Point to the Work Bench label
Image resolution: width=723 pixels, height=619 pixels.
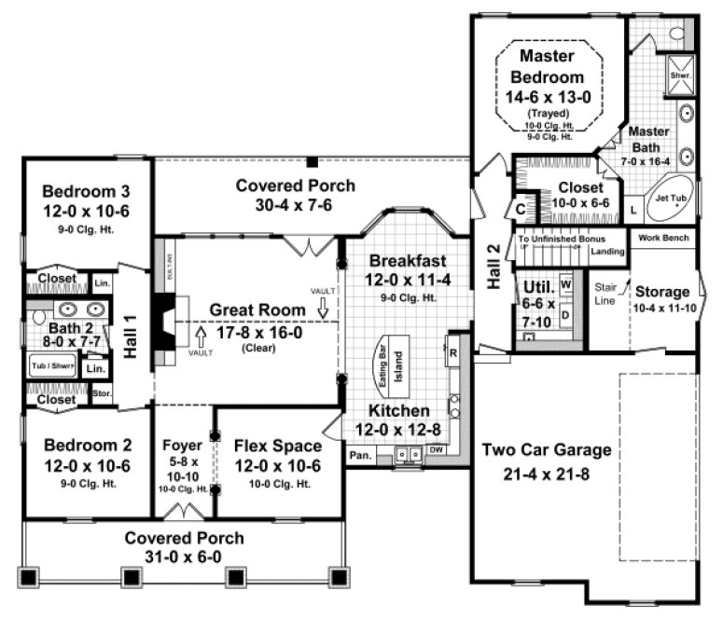pos(663,238)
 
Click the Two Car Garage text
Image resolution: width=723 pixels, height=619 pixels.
pos(547,450)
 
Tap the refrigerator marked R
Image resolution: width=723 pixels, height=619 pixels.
pos(452,353)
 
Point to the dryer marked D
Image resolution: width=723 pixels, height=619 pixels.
pos(565,316)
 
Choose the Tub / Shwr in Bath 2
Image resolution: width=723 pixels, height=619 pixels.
pos(52,365)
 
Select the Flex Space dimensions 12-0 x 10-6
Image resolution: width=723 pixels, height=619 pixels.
pos(277,465)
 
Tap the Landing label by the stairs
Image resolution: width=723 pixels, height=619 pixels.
pos(608,252)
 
